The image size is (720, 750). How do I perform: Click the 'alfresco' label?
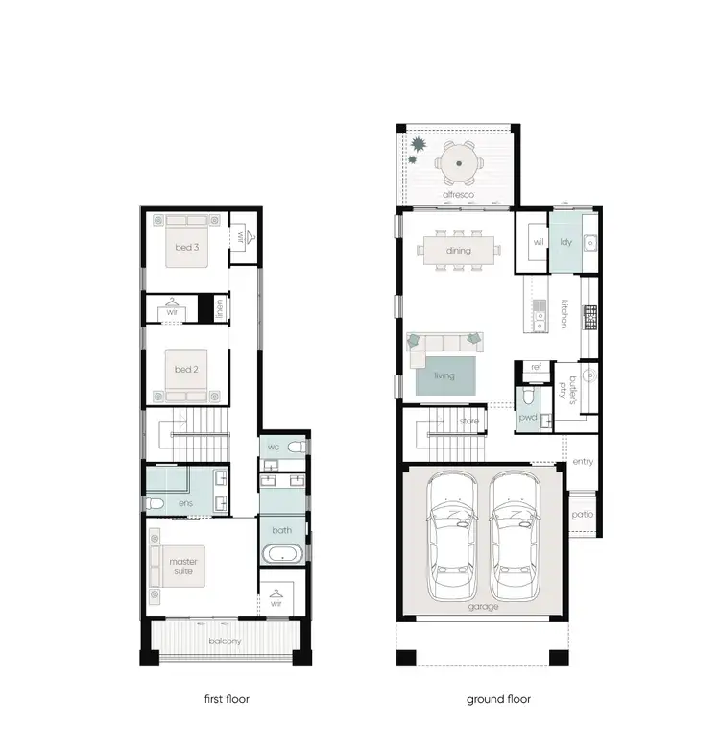click(x=458, y=195)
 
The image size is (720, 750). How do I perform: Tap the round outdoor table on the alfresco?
click(x=459, y=165)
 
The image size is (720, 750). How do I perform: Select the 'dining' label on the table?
click(x=458, y=251)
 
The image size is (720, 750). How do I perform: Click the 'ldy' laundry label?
click(x=566, y=242)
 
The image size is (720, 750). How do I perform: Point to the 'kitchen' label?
click(x=564, y=314)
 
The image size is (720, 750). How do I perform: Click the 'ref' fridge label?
click(x=536, y=367)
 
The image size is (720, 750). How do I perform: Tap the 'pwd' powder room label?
click(x=527, y=418)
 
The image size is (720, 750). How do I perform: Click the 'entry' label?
click(x=582, y=462)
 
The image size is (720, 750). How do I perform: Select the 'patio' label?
click(x=582, y=514)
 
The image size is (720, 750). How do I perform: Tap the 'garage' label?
click(x=483, y=607)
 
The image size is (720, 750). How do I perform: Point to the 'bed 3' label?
click(x=186, y=248)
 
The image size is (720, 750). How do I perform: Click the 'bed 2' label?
click(x=186, y=370)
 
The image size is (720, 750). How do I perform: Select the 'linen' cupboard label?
click(x=220, y=308)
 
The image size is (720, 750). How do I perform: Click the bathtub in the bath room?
click(x=281, y=554)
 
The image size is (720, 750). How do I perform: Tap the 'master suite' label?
click(x=182, y=568)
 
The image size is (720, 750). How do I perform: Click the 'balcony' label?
click(x=227, y=641)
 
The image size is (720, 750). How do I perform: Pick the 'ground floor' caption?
click(x=498, y=699)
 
